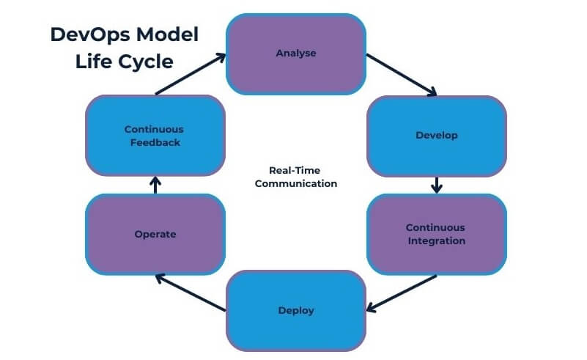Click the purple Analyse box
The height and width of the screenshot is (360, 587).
coord(295,54)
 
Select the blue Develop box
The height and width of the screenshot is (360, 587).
coord(436,136)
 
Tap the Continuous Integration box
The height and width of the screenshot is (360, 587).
coord(436,234)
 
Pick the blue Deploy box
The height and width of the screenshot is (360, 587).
coord(295,310)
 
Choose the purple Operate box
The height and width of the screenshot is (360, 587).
coord(155,234)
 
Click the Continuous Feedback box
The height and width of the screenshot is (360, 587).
coord(155,136)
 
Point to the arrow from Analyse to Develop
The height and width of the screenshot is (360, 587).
coord(402,75)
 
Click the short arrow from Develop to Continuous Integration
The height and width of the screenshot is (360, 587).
coord(437,185)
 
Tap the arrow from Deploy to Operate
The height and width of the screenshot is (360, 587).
coord(191,292)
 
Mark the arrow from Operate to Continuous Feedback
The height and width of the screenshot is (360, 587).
coord(155,185)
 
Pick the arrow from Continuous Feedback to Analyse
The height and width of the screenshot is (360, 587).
coord(191,75)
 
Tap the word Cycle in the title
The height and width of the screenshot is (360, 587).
coord(144,62)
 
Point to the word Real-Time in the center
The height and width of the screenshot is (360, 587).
coord(295,169)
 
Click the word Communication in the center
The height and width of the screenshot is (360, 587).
coord(295,183)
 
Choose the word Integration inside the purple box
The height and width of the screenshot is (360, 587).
coord(436,240)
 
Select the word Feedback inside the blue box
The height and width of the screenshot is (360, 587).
coord(155,142)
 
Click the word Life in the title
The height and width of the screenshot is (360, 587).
coord(92,62)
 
